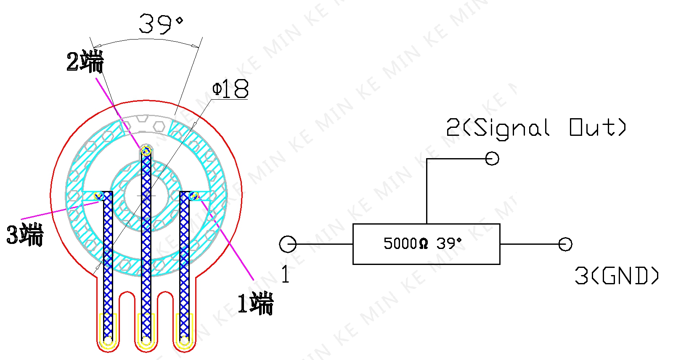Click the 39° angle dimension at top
[x=161, y=24]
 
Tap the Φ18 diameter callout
[x=231, y=89]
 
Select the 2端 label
[x=85, y=61]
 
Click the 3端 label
[x=25, y=235]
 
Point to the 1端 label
[x=255, y=304]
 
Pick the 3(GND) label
[x=617, y=275]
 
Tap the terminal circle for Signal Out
[x=492, y=159]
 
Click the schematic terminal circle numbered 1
[x=288, y=244]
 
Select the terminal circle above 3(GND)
[x=565, y=244]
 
